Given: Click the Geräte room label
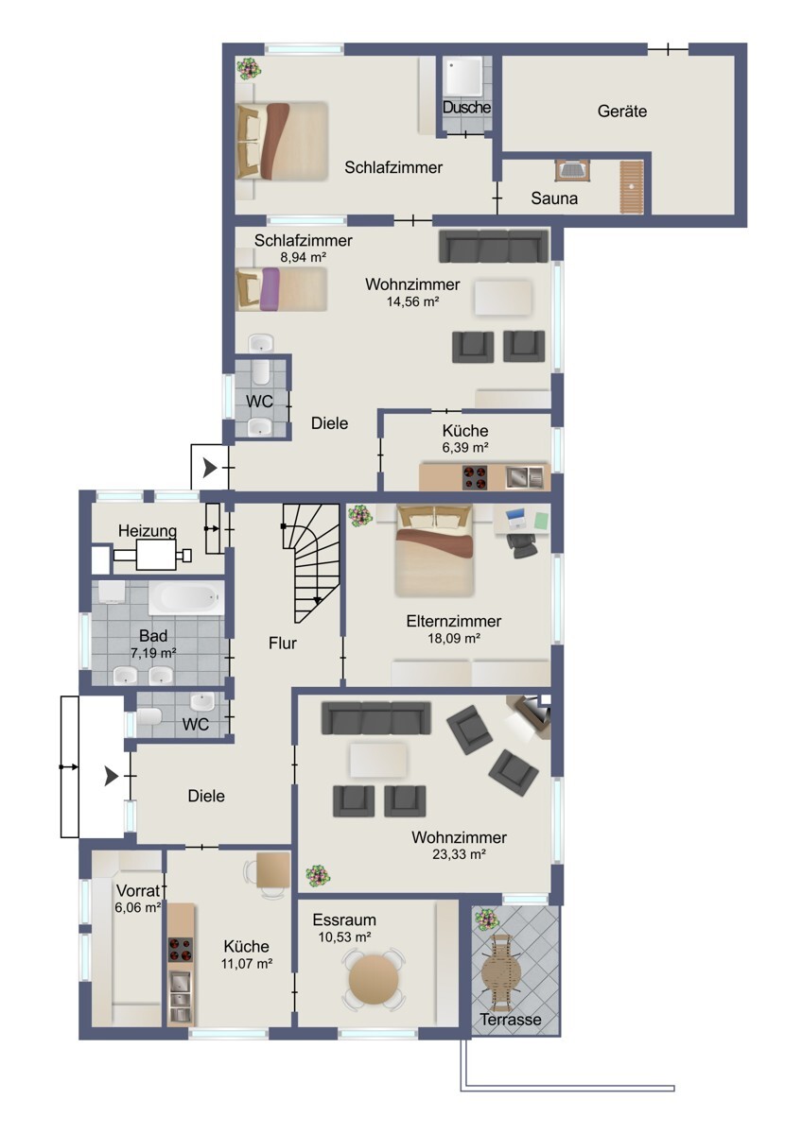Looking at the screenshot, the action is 621,111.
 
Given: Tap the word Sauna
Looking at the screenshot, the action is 554,198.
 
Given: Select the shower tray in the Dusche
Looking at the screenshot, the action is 463,76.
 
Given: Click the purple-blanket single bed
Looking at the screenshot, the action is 282,289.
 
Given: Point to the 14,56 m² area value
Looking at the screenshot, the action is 412,301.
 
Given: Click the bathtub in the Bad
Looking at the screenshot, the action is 186,598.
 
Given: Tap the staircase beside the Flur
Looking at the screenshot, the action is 310,563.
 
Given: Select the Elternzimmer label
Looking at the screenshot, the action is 453,621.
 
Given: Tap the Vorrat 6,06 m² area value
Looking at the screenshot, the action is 138,908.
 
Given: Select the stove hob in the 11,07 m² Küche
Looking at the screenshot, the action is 181,950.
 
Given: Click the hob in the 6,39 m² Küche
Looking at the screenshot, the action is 475,477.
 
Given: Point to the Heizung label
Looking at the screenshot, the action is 148,531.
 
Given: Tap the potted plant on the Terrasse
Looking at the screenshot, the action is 486,919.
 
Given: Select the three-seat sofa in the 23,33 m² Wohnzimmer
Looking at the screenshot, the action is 375,718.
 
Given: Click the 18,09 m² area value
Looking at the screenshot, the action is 454,638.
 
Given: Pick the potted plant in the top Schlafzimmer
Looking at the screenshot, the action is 248,68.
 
